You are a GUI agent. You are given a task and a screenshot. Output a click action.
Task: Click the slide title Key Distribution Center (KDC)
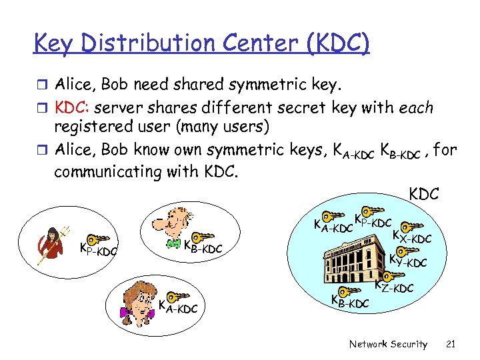[x=201, y=43]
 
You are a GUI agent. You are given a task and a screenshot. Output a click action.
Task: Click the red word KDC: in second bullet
[x=73, y=107]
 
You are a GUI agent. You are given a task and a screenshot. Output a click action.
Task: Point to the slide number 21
[x=449, y=344]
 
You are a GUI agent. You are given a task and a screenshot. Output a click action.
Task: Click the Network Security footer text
[x=388, y=344]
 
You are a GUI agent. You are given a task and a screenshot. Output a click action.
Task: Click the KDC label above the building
[x=424, y=194]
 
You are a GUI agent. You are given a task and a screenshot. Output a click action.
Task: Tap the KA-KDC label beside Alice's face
[x=177, y=308]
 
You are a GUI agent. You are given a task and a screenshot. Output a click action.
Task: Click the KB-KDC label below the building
[x=349, y=301]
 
